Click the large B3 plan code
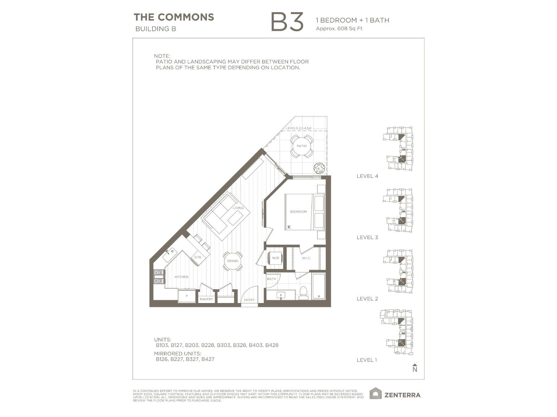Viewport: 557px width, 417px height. click(x=287, y=22)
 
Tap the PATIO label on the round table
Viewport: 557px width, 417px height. click(x=301, y=146)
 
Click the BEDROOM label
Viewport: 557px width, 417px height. click(x=298, y=212)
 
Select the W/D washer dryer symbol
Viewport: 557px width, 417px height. click(x=275, y=258)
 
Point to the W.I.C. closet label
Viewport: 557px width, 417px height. click(x=306, y=258)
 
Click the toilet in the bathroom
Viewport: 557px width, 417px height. click(x=303, y=293)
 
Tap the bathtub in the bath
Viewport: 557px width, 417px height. click(x=319, y=286)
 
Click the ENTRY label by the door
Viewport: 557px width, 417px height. click(x=249, y=300)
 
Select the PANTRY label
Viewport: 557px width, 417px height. click(x=206, y=299)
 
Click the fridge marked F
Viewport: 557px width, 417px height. click(x=187, y=296)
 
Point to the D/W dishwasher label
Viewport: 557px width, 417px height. click(x=198, y=257)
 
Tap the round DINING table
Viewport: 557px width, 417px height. click(x=233, y=261)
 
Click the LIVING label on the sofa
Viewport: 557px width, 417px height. click(x=238, y=208)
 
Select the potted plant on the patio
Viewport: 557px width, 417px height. click(x=319, y=168)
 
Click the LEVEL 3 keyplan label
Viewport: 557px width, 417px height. click(x=367, y=237)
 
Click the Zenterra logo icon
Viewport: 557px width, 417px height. click(x=375, y=394)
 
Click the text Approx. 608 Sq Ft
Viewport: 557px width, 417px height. click(x=339, y=28)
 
